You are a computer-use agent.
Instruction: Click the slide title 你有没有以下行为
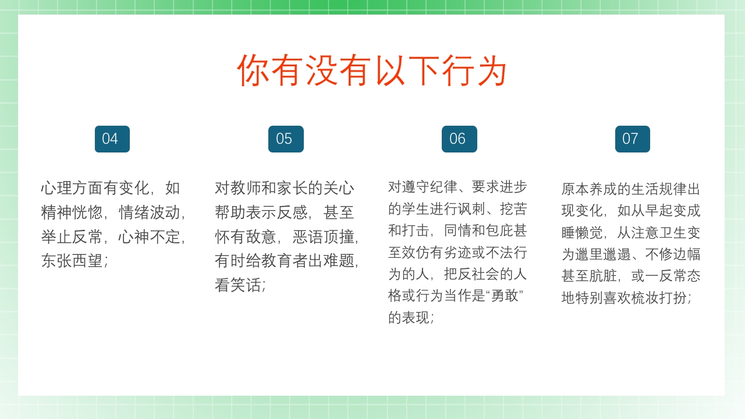pyautogui.click(x=372, y=70)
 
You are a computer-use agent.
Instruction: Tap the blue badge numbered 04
pyautogui.click(x=112, y=139)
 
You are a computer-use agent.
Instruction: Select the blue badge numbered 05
pyautogui.click(x=286, y=139)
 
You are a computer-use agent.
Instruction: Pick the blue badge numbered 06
pyautogui.click(x=459, y=139)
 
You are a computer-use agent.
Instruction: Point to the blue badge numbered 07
pyautogui.click(x=633, y=139)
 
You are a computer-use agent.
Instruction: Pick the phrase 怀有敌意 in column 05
pyautogui.click(x=246, y=237)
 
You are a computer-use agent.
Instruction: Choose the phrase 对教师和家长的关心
pyautogui.click(x=285, y=188)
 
